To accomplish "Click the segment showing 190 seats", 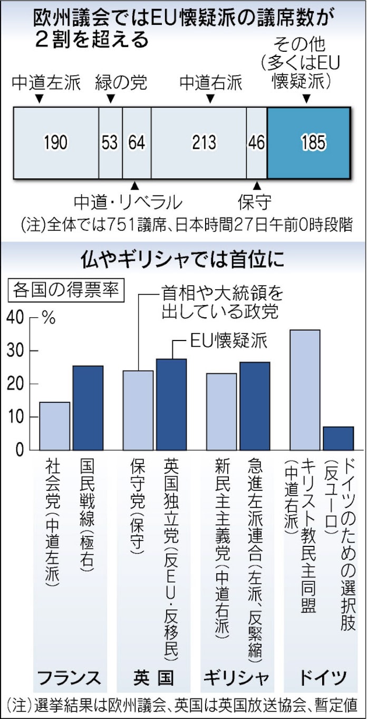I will tap(56, 143).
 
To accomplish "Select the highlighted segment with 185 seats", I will tap(309, 143).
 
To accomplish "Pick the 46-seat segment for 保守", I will tap(257, 143).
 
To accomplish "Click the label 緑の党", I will tap(121, 83).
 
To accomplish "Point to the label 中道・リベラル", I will tap(128, 202).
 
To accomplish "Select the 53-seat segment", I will tap(110, 143).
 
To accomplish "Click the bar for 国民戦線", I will tap(88, 408).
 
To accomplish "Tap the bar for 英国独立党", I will tap(171, 404).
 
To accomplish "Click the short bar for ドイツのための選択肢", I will tap(338, 438).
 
